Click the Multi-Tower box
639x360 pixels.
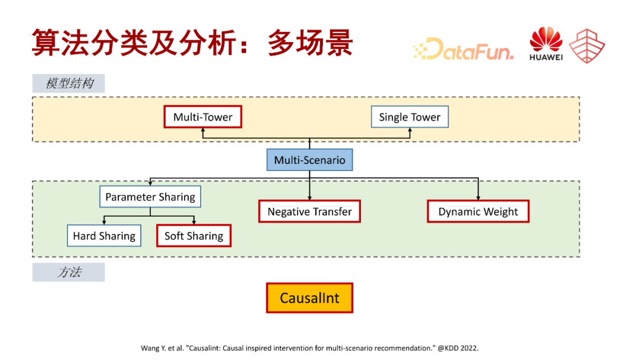(x=203, y=117)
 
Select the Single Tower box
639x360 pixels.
(x=409, y=117)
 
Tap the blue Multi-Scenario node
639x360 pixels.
(x=309, y=160)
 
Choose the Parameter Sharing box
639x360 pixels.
(x=150, y=197)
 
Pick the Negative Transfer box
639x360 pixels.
(x=309, y=211)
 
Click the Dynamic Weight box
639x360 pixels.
(x=478, y=211)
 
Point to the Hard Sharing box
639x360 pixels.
(x=104, y=236)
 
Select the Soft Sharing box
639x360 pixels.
(x=193, y=236)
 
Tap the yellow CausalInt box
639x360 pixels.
(x=309, y=298)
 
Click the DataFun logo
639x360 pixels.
(x=464, y=49)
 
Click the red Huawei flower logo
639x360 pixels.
(x=546, y=40)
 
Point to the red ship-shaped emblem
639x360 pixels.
(x=587, y=45)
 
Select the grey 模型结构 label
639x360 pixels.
(x=69, y=83)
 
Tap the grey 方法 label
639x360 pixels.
(x=69, y=272)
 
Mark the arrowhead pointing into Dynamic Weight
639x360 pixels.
(x=478, y=198)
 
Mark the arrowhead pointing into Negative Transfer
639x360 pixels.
(x=309, y=198)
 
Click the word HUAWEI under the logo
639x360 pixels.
(x=546, y=57)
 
